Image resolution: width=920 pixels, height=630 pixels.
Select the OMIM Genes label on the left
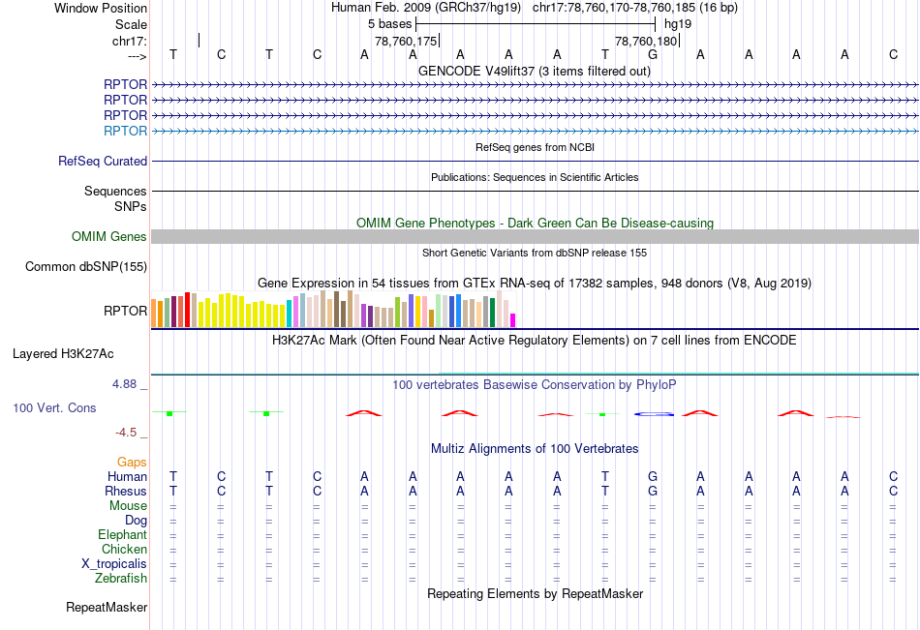coord(109,237)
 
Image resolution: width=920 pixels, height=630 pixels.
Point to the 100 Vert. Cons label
coord(54,408)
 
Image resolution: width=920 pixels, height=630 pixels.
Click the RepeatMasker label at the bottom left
coord(107,608)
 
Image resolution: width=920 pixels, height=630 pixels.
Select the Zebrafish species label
coord(121,579)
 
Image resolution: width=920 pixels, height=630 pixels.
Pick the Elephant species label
coord(122,535)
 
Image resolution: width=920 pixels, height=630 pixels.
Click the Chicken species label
coord(124,550)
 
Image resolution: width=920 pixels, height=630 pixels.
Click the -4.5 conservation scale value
coord(126,433)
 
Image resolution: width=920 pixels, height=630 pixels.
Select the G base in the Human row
coord(653,476)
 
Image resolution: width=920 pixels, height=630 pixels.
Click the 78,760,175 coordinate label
coord(406,42)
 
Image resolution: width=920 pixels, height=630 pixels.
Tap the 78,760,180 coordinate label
coord(646,42)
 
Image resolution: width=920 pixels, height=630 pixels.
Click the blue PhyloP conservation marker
coord(654,414)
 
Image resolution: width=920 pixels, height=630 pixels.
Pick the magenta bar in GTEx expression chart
coord(513,319)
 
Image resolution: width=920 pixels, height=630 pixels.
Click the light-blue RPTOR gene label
coord(126,131)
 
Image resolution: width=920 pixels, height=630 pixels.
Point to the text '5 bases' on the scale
coord(388,23)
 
